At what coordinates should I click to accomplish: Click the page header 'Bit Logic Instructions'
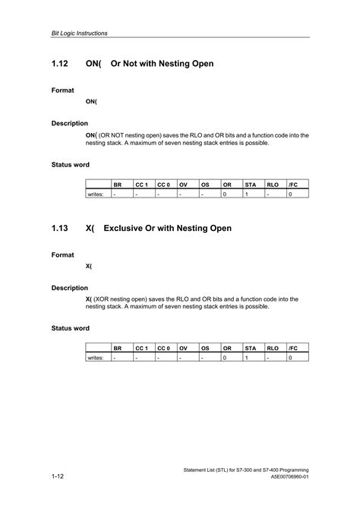(x=79, y=33)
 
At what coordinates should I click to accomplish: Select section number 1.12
(x=62, y=64)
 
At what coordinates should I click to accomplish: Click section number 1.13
(x=62, y=228)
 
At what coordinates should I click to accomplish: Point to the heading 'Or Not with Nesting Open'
(x=163, y=64)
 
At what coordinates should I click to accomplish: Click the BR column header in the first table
(x=117, y=185)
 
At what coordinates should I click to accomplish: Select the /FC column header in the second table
(x=292, y=348)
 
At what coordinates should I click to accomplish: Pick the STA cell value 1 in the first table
(x=247, y=194)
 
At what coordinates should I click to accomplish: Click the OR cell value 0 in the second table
(x=225, y=358)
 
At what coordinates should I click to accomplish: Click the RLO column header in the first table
(x=272, y=185)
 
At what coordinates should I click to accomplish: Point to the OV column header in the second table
(x=183, y=348)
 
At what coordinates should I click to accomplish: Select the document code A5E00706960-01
(x=289, y=477)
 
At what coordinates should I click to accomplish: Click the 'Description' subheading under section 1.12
(x=70, y=123)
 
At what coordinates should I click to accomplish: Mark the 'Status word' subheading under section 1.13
(x=71, y=328)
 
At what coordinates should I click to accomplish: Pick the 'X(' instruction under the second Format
(x=89, y=266)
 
